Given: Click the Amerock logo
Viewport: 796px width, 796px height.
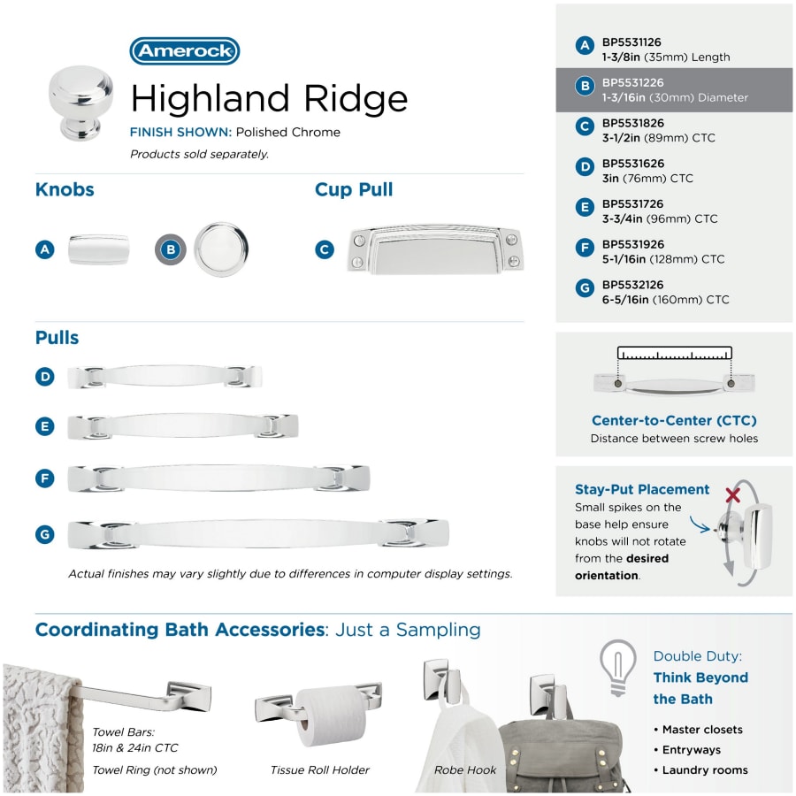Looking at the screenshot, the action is pos(185,50).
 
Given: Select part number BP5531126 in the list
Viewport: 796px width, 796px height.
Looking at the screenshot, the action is pos(631,42).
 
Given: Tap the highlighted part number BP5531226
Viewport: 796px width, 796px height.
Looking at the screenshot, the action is pos(632,83).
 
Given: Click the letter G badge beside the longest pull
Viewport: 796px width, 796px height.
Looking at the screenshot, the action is pos(45,534).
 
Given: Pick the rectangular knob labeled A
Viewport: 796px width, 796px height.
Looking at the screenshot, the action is pos(98,249).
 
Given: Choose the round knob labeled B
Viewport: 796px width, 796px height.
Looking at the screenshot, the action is pos(221,249).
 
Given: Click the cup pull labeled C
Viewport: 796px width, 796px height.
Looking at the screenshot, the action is pos(435,249).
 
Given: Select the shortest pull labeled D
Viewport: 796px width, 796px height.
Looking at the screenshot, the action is pos(165,377).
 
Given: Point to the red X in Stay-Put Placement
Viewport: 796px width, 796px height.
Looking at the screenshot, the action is pos(732,494).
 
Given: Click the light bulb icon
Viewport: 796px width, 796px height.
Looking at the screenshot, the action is pos(618,667).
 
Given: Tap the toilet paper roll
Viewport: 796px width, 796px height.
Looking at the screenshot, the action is pos(332,716).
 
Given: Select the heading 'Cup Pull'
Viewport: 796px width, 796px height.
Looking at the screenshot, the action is pos(354,189).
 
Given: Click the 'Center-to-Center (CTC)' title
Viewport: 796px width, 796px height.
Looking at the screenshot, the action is pos(674,420).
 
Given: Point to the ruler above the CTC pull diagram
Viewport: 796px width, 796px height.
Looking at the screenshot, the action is pos(675,353).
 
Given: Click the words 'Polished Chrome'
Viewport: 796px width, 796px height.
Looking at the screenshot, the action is pos(287,132).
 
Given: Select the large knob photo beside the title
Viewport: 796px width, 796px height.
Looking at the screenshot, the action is pos(81,103).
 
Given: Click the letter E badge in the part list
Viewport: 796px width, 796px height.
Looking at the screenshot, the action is pos(585,207).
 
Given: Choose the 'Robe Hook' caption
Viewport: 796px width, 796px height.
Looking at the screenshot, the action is pos(465,769).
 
